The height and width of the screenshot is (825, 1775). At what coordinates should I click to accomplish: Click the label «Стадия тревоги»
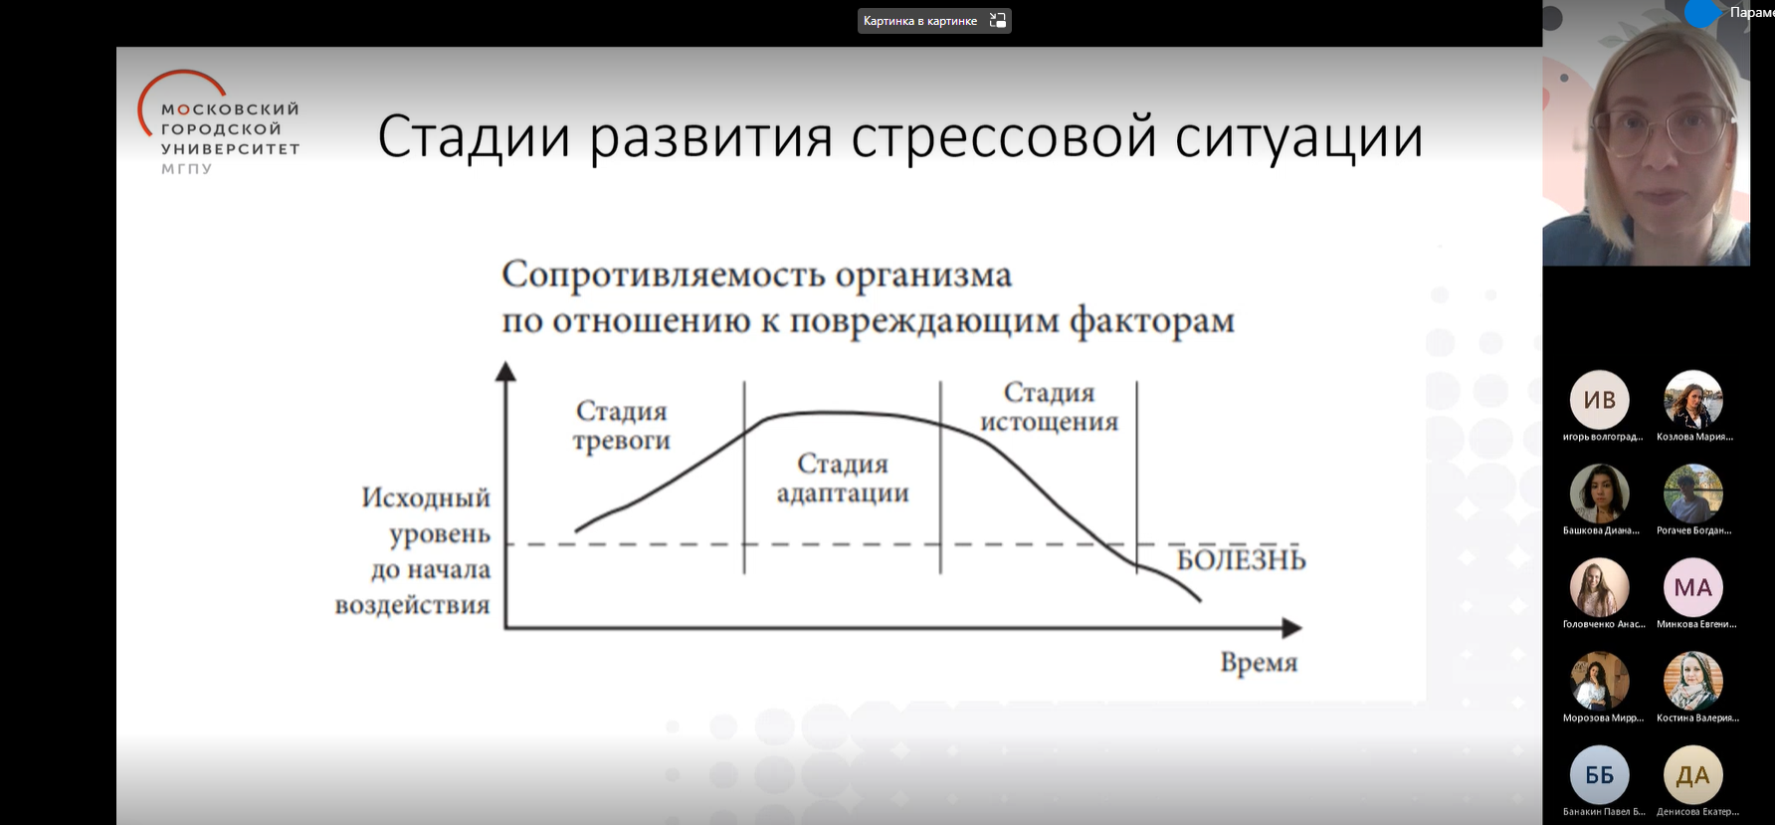pos(621,426)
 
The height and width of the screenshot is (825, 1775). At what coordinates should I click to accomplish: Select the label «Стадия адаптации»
pos(843,479)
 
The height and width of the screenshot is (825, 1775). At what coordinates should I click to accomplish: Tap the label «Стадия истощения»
pos(1049,407)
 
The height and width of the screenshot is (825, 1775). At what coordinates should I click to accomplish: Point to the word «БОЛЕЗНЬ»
pos(1241,560)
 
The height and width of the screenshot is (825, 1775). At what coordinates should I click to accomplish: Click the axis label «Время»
pos(1259,663)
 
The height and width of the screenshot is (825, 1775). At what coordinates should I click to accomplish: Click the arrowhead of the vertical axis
pos(505,371)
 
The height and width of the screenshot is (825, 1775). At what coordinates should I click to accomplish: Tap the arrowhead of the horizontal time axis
pos(1291,628)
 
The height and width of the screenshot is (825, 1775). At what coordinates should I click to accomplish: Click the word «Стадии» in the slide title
pos(474,137)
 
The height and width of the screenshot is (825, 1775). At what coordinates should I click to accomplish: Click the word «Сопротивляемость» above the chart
pos(663,275)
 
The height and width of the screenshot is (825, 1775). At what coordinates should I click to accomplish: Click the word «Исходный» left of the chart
pos(426,498)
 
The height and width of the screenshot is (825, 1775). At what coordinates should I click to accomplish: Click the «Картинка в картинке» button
pos(933,21)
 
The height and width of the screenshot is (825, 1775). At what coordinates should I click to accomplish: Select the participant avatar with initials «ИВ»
pos(1599,400)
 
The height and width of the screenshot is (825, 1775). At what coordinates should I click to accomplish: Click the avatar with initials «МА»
pos(1692,587)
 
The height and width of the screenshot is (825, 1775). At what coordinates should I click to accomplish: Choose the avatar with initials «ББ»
pos(1599,775)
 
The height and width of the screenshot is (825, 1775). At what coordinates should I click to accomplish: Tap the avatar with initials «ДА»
pos(1692,775)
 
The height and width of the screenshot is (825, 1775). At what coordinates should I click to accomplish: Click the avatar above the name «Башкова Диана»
pos(1599,494)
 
